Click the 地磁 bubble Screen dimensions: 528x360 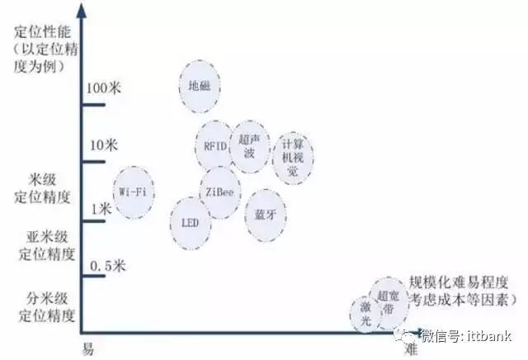(201, 86)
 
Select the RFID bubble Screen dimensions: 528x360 (215, 145)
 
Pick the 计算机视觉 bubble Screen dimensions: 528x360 (293, 157)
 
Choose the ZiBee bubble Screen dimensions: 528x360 (219, 192)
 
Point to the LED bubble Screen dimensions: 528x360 (190, 223)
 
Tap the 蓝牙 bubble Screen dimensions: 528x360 (265, 213)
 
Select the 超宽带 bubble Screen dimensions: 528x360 (389, 301)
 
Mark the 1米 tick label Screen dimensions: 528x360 (100, 210)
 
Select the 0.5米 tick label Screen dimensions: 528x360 (106, 266)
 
